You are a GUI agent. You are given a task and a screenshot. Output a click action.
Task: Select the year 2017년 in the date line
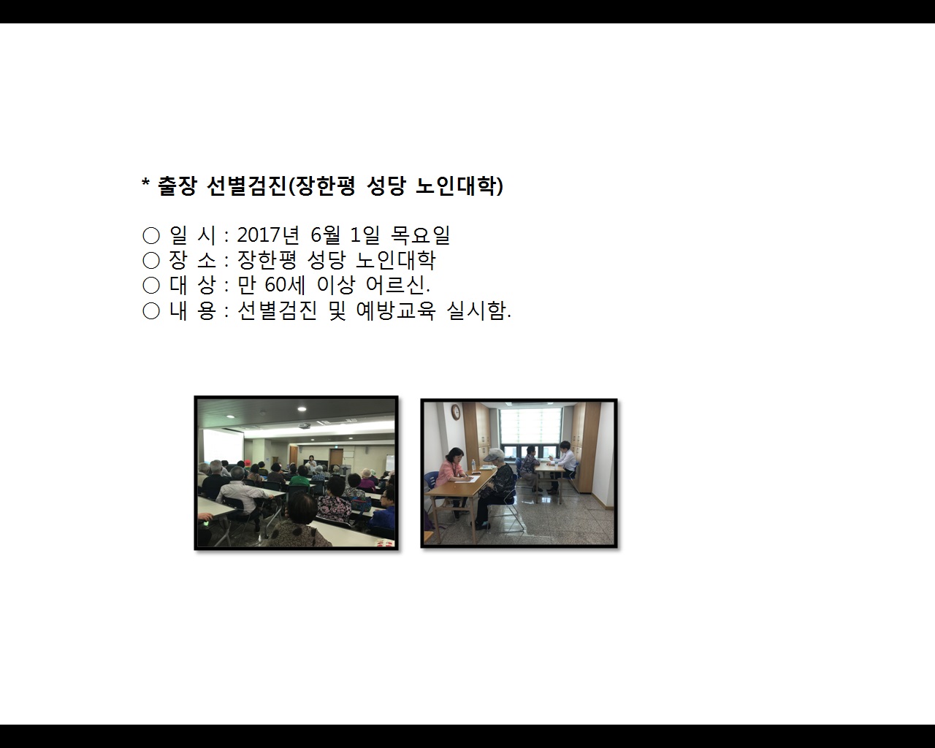pos(268,235)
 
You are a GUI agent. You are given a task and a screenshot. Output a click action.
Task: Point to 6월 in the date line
pos(326,235)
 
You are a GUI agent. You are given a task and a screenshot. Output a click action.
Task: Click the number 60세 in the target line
pos(281,285)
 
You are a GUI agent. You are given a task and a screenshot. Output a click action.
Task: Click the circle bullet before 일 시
pos(151,235)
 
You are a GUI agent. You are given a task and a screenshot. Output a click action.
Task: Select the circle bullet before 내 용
pos(151,311)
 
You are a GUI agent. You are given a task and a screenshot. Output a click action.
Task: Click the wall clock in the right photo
pos(456,412)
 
